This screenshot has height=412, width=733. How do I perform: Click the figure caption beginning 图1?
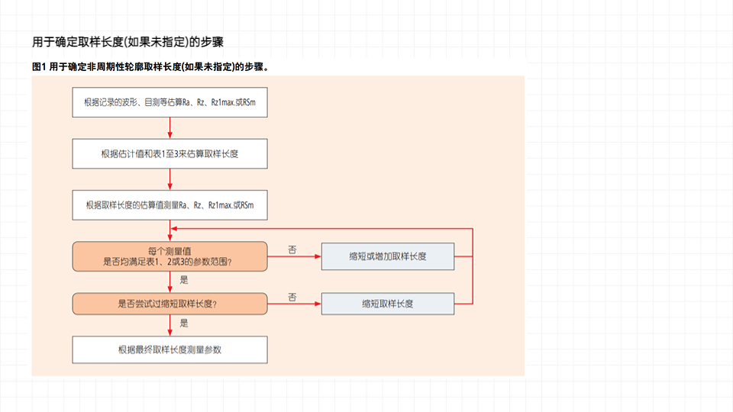[150, 67]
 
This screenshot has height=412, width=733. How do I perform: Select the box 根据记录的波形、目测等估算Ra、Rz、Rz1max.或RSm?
[170, 101]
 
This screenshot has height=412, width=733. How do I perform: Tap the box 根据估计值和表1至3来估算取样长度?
[170, 153]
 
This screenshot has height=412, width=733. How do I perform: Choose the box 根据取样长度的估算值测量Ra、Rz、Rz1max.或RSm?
[170, 204]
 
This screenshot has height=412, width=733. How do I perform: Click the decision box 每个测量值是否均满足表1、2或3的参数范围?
[170, 256]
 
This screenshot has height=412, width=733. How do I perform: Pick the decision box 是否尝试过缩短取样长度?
[170, 304]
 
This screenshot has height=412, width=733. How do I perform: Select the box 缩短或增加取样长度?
[388, 256]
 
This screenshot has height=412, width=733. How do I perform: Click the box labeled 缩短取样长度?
[388, 304]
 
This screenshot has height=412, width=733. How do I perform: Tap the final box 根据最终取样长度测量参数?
[170, 349]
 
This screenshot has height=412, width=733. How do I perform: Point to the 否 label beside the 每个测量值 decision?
[292, 249]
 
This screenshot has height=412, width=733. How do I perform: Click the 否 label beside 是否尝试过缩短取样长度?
[292, 296]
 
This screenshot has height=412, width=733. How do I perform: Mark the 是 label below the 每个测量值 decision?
[183, 280]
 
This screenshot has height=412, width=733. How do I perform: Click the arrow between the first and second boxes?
[170, 127]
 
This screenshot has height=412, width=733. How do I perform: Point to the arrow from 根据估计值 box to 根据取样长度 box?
[170, 179]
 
